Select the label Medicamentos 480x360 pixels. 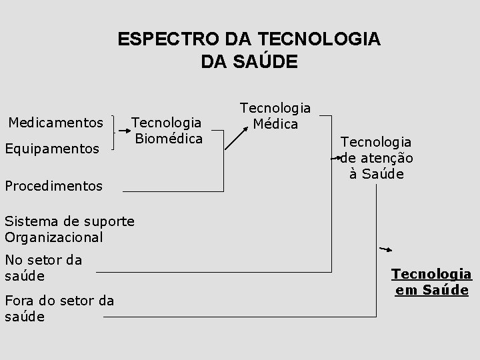point(55,123)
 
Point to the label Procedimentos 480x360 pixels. point(53,186)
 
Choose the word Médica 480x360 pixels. point(275,123)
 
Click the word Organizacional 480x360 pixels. point(53,237)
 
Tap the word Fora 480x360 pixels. point(20,301)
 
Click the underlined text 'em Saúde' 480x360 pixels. point(431,290)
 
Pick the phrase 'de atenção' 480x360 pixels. point(377,158)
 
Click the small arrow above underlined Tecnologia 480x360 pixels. point(385,249)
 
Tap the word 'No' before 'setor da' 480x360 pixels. point(13,260)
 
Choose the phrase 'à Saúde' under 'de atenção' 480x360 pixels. point(377,174)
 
